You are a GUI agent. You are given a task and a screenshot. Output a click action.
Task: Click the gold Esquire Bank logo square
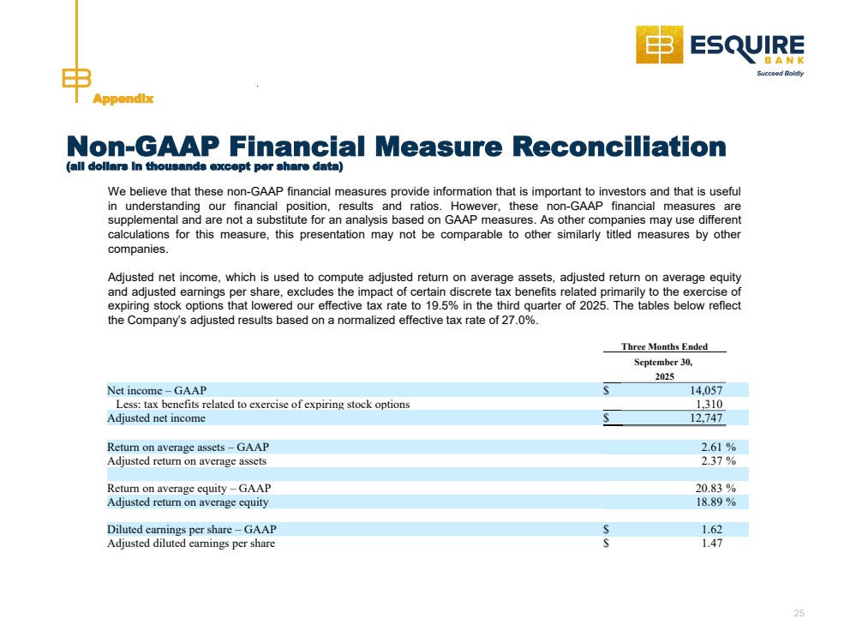click(x=658, y=45)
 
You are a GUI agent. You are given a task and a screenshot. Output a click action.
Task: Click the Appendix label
click(x=123, y=99)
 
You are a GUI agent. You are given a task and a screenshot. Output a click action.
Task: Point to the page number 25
click(x=799, y=613)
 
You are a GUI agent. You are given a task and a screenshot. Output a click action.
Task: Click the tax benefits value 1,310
click(x=710, y=404)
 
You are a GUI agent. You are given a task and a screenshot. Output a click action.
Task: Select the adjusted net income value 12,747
click(x=708, y=418)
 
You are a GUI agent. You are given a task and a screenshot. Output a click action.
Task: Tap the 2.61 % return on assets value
click(x=719, y=447)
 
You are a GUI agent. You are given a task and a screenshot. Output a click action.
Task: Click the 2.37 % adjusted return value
click(x=719, y=460)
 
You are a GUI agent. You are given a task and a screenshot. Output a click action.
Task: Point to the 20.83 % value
click(x=716, y=488)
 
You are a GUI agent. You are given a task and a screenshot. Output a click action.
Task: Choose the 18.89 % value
click(x=716, y=502)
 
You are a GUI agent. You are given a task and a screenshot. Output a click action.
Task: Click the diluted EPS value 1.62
click(x=713, y=529)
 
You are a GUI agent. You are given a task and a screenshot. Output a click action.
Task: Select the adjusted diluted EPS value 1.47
click(x=713, y=543)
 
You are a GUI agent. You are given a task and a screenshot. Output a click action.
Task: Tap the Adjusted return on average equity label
click(x=188, y=502)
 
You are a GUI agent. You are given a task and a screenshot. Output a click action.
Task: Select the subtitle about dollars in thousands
click(x=204, y=165)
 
